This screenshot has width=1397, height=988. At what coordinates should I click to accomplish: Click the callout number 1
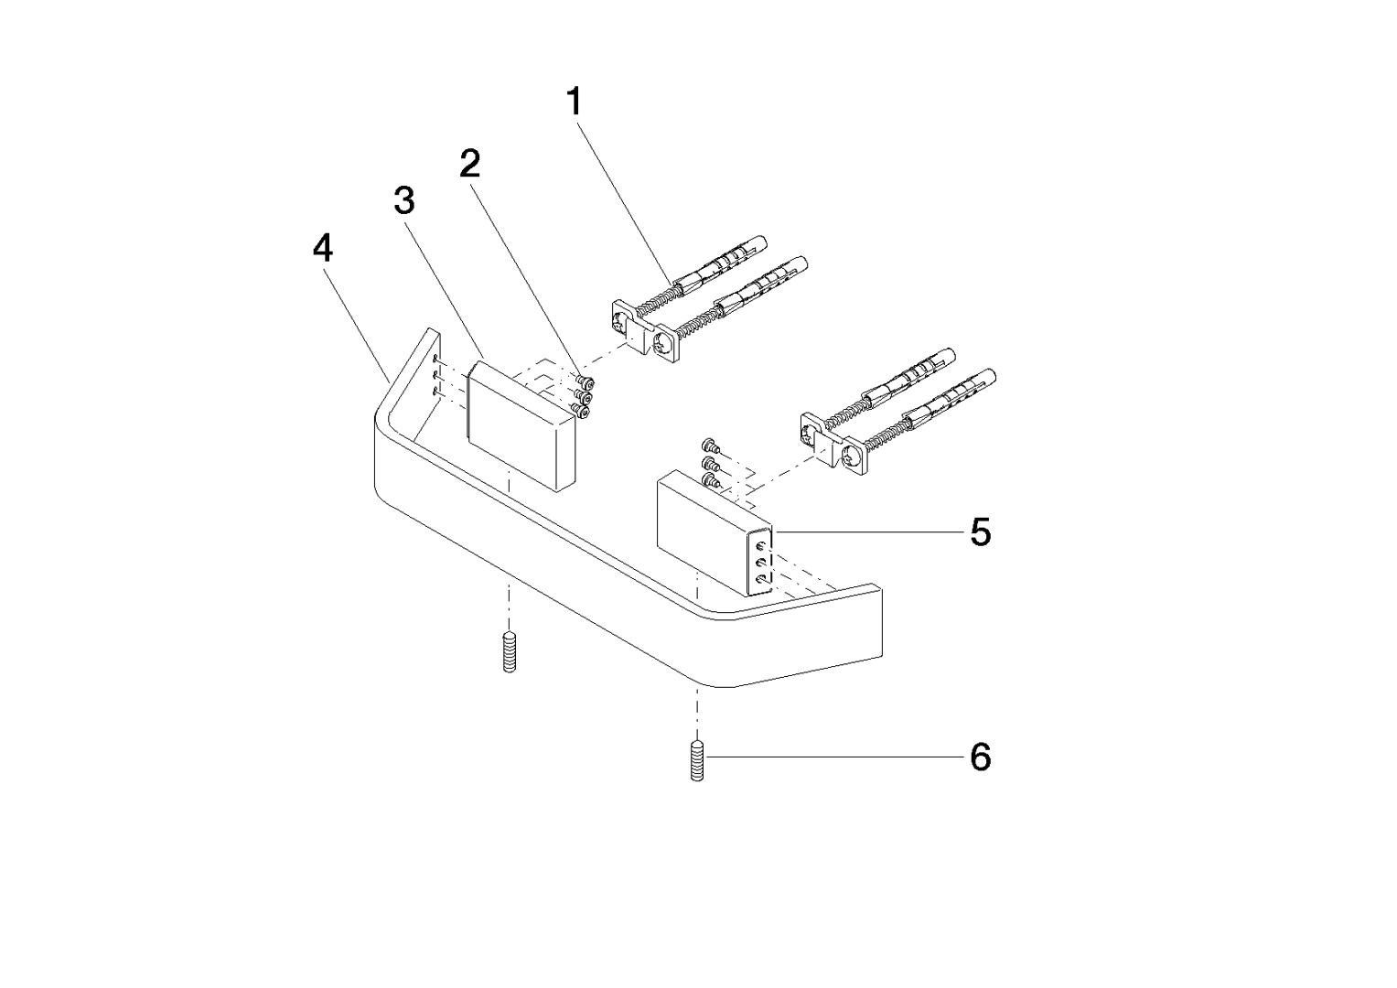click(x=574, y=102)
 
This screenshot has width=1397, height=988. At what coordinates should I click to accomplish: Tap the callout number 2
click(x=470, y=164)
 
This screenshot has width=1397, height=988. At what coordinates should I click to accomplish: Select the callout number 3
click(x=404, y=201)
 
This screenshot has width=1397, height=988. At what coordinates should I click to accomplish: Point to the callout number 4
click(x=322, y=249)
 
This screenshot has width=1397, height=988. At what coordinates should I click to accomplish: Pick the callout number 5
click(x=981, y=532)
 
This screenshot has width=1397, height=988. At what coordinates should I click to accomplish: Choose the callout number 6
click(x=981, y=757)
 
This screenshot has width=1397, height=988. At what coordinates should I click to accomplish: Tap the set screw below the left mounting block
click(x=510, y=651)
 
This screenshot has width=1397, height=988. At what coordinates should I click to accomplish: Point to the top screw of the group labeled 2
click(x=586, y=381)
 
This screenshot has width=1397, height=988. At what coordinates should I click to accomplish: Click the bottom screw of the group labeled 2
click(x=583, y=411)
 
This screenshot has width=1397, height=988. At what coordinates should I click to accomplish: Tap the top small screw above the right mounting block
click(x=709, y=446)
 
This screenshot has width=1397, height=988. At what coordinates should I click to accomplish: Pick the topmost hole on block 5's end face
click(x=760, y=546)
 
